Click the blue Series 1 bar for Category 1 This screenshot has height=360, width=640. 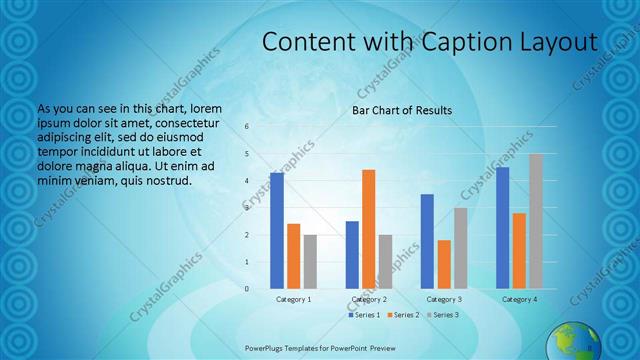[x=277, y=231]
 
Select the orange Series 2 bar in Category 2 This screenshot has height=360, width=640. [x=369, y=229]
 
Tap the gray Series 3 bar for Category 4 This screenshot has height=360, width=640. [x=536, y=221]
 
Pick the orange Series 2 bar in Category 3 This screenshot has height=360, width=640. [x=444, y=264]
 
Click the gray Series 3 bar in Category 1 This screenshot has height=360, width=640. [x=310, y=262]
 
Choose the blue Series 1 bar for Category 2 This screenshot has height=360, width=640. [x=352, y=255]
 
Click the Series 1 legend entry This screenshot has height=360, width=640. [x=364, y=315]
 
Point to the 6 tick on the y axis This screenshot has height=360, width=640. [x=247, y=127]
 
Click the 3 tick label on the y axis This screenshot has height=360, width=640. [x=247, y=208]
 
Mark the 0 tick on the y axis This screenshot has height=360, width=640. [x=247, y=289]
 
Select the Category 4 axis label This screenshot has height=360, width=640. [x=519, y=299]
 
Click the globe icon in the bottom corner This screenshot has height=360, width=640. [x=570, y=341]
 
